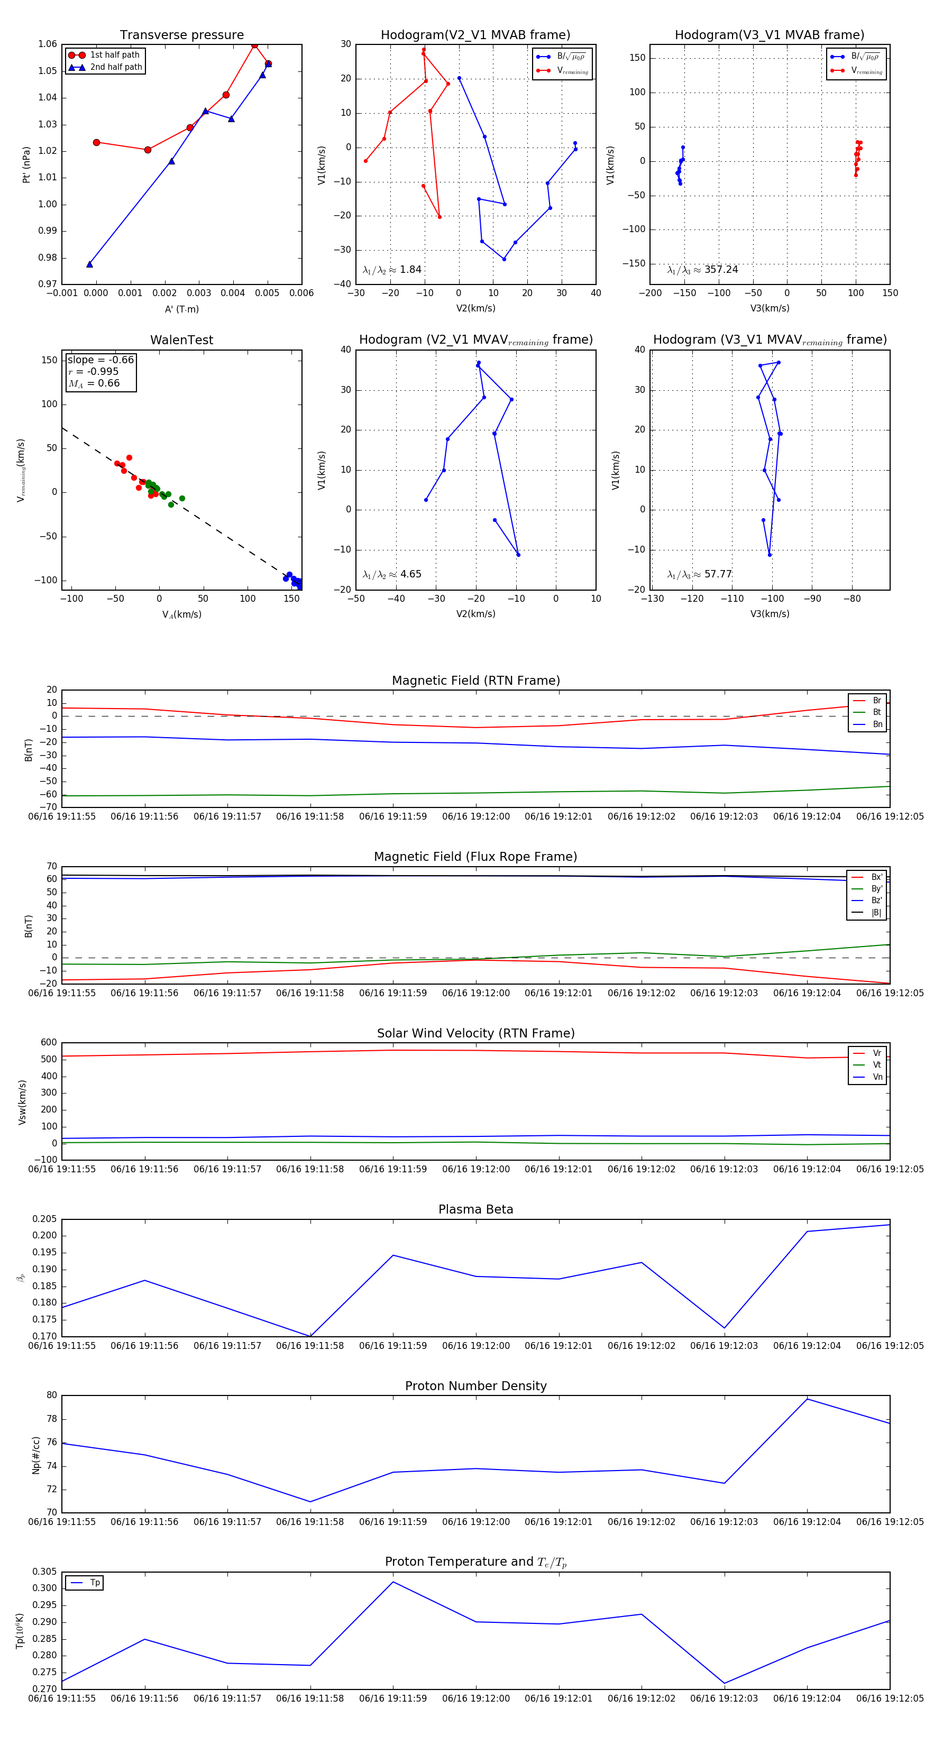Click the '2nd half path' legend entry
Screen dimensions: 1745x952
pyautogui.click(x=116, y=67)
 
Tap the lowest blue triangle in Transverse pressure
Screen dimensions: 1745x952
pyautogui.click(x=89, y=264)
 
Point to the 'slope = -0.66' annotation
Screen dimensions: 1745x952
pyautogui.click(x=101, y=360)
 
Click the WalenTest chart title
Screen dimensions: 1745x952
pyautogui.click(x=181, y=340)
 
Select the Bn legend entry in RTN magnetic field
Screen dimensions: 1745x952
pyautogui.click(x=877, y=724)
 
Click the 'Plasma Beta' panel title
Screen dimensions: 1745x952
pyautogui.click(x=475, y=1209)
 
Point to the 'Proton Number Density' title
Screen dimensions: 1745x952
pyautogui.click(x=475, y=1385)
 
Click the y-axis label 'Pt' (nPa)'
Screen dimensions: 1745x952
pyautogui.click(x=26, y=164)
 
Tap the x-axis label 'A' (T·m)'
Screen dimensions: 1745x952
pyautogui.click(x=181, y=309)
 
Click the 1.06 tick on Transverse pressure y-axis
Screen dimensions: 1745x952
pyautogui.click(x=48, y=44)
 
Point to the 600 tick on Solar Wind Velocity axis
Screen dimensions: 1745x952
pyautogui.click(x=49, y=1043)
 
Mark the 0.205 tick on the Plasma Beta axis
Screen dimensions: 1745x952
pyautogui.click(x=45, y=1219)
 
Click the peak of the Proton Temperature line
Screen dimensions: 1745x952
pyautogui.click(x=393, y=1582)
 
